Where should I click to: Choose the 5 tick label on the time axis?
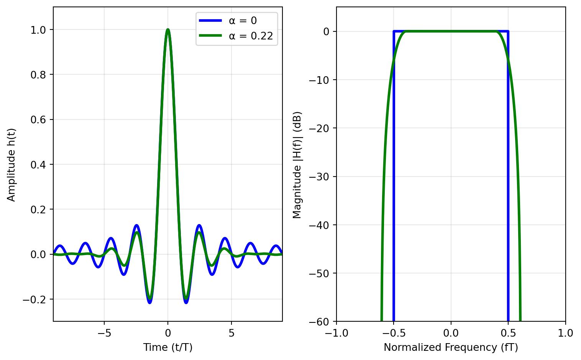coord(231,333)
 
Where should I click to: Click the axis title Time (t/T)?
coord(168,347)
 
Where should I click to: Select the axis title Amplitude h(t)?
coord(11,165)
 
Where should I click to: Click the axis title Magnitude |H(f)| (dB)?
coord(297,165)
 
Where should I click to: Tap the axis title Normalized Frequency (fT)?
coord(451,347)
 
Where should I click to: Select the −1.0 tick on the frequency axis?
coord(336,333)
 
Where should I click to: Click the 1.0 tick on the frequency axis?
coord(565,333)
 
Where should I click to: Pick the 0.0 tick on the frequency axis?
coord(451,333)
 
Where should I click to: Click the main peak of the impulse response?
coord(168,29)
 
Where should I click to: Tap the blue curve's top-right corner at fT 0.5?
coord(508,31)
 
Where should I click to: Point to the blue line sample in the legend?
coord(210,21)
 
